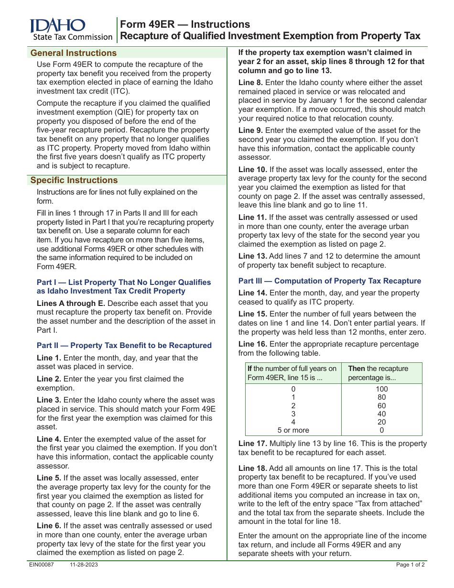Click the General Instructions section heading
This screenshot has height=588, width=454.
pyautogui.click(x=73, y=53)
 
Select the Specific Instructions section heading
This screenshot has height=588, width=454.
pyautogui.click(x=74, y=180)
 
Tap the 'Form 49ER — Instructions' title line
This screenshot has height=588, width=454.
pyautogui.click(x=184, y=24)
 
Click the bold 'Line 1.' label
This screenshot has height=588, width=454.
pyautogui.click(x=49, y=358)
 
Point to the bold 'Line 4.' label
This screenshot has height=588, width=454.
pyautogui.click(x=49, y=439)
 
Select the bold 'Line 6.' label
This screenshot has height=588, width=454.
pyautogui.click(x=49, y=526)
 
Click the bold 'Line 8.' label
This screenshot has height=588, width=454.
pyautogui.click(x=250, y=83)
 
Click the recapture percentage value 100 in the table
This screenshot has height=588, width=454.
pyautogui.click(x=381, y=389)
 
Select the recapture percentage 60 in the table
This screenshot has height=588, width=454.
pyautogui.click(x=381, y=406)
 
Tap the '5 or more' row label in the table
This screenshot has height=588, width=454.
pyautogui.click(x=293, y=430)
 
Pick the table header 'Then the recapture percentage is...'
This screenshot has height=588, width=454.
pyautogui.click(x=381, y=373)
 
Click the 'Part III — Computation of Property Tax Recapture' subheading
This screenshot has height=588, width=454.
pyautogui.click(x=330, y=281)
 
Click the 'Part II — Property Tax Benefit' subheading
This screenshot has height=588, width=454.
pyautogui.click(x=124, y=346)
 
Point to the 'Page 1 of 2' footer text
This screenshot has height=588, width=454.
pyautogui.click(x=411, y=565)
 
